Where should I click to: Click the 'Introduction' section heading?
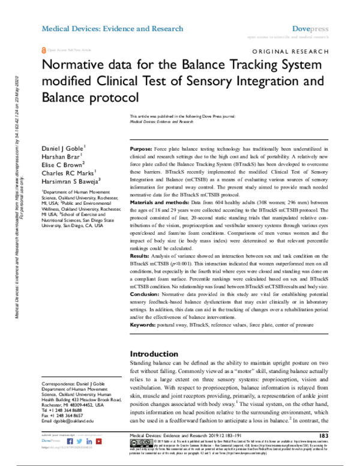[x=155, y=354]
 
